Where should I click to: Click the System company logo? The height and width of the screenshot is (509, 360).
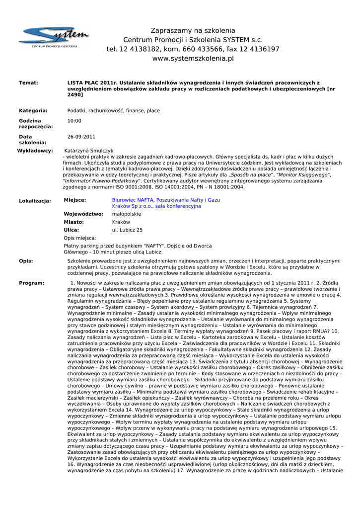54,38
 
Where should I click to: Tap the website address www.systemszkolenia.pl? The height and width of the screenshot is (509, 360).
193,59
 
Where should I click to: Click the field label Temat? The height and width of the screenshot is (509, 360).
28,83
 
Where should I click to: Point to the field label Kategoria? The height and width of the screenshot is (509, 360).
33,111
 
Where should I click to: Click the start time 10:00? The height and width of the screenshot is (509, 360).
74,121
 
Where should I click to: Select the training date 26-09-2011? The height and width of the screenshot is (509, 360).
81,137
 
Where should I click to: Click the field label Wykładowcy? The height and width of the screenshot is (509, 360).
35,151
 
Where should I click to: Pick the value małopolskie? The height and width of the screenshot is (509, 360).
127,214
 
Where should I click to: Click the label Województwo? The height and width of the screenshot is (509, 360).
83,214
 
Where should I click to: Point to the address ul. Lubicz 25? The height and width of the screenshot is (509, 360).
127,230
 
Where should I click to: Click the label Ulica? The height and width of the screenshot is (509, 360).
72,230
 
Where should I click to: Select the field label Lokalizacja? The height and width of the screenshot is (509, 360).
35,201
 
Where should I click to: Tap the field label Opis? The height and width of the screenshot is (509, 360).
26,261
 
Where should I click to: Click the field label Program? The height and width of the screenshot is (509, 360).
31,283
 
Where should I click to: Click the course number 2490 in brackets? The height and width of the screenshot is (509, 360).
75,94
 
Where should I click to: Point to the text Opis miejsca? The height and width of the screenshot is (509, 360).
80,238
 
